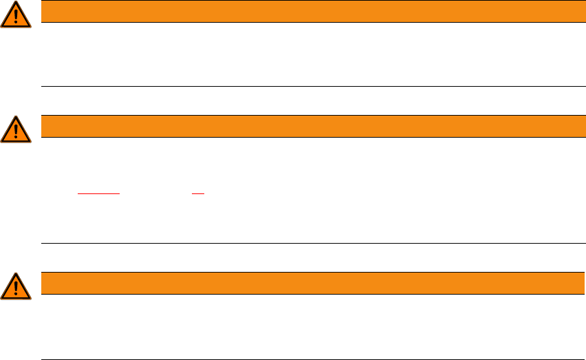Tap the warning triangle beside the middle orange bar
pos(16,130)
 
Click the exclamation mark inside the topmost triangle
pos(16,15)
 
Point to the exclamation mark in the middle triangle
pos(16,129)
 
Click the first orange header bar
pos(309,11)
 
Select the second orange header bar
pos(309,126)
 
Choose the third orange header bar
pos(309,283)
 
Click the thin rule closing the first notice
pos(309,86)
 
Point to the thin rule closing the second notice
pos(309,243)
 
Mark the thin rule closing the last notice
pos(309,359)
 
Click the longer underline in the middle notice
pos(99,195)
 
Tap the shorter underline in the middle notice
pos(198,195)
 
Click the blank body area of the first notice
pos(309,54)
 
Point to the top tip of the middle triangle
pos(16,117)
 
